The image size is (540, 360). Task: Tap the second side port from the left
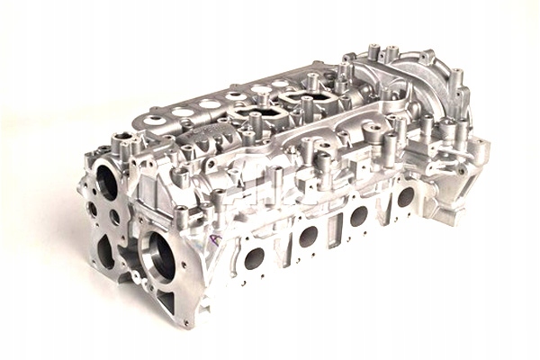[308, 236]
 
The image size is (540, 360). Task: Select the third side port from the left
[358, 215]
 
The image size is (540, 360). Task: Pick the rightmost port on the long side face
[406, 195]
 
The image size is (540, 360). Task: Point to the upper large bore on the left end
[106, 183]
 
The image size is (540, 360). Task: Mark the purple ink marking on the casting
[214, 241]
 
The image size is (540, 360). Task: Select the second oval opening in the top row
[184, 112]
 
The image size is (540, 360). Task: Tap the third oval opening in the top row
[210, 104]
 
